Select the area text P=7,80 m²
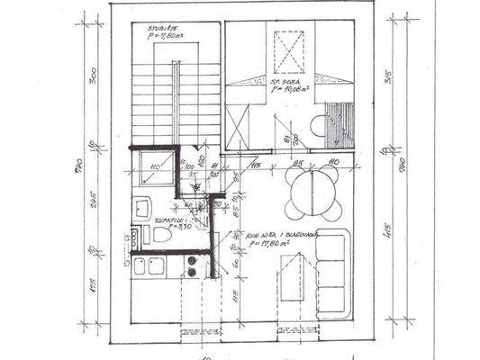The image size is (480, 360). (x=168, y=36)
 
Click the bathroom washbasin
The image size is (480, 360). (x=143, y=208)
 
